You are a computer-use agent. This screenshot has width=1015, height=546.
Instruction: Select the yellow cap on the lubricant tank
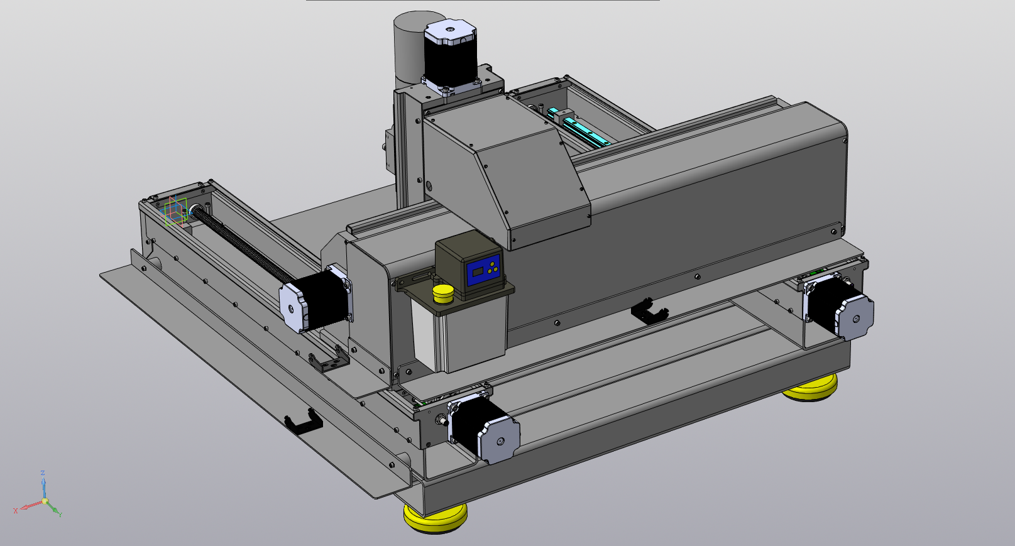click(x=442, y=294)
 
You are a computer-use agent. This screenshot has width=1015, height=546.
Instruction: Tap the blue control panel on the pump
click(x=483, y=270)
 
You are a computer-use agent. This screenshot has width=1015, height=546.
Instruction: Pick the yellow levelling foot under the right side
click(x=810, y=388)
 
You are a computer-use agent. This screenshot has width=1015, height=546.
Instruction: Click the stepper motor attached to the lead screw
click(x=316, y=299)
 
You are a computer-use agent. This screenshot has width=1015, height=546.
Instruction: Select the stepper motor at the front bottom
click(x=483, y=429)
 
